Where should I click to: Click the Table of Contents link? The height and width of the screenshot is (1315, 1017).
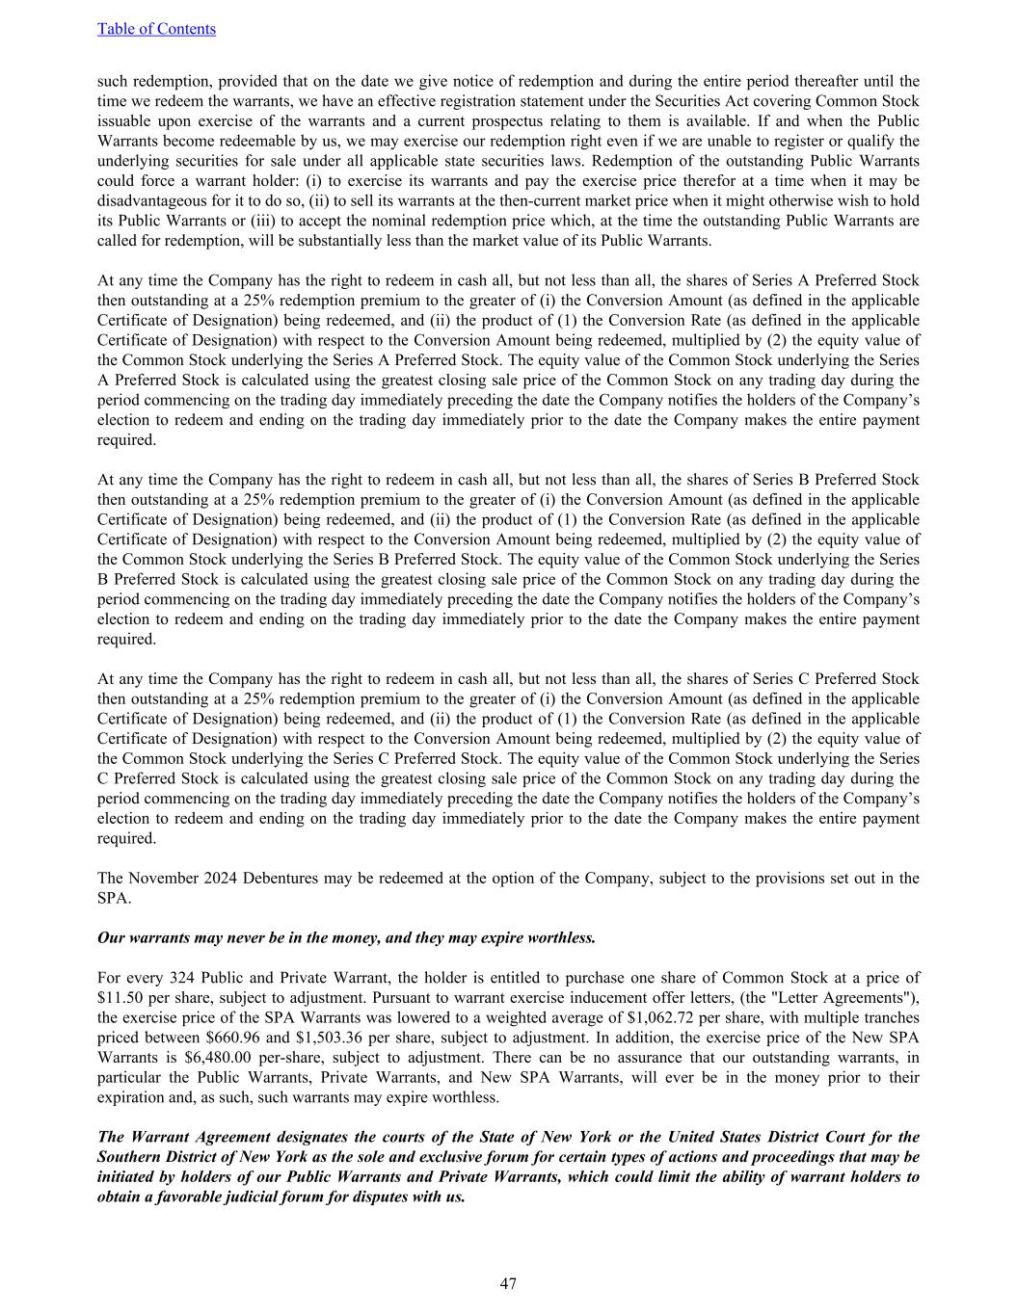click(x=156, y=29)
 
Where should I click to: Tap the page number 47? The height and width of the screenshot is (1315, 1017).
click(x=508, y=1283)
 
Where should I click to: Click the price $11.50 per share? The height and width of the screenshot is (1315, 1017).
click(x=120, y=997)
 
